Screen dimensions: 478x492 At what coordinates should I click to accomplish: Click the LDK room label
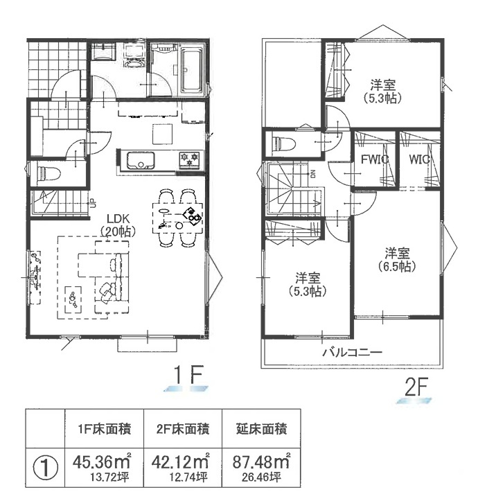point(118,225)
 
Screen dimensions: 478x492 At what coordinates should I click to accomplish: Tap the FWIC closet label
point(375,159)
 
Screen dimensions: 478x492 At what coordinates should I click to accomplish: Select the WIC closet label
point(419,159)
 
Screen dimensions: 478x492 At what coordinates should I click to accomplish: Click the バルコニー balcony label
point(353,352)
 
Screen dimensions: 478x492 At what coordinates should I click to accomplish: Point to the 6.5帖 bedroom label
point(397,260)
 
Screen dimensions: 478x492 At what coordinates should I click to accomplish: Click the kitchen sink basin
point(140,161)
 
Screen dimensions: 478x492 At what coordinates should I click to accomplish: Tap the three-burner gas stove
point(189,159)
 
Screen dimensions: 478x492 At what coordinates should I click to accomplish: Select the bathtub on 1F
point(191,70)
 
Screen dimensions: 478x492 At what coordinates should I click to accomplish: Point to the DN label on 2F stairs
point(312,174)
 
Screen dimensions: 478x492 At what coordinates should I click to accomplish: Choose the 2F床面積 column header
point(183,429)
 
